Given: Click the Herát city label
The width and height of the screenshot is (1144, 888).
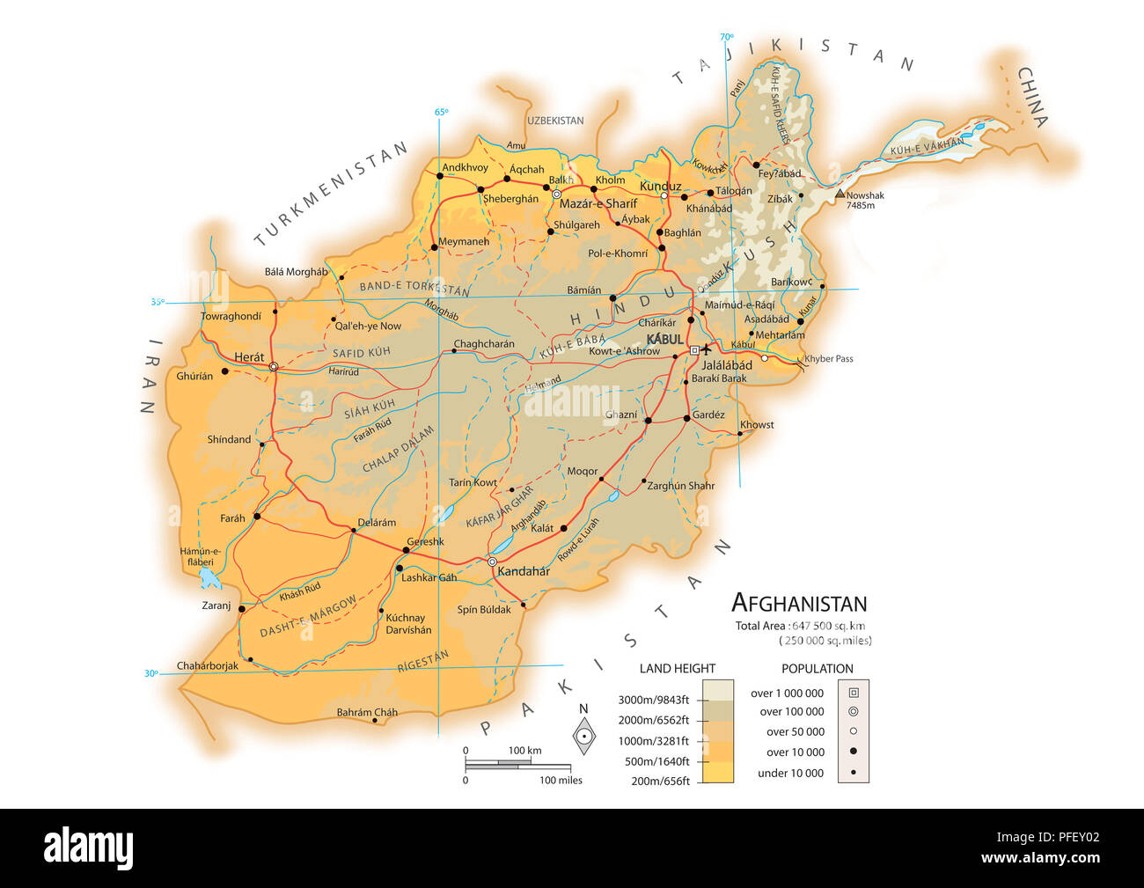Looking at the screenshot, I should tap(249, 356).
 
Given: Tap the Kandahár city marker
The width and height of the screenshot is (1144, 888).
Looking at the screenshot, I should tap(492, 561).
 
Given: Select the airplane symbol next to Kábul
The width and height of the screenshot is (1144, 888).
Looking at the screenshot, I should tap(706, 349).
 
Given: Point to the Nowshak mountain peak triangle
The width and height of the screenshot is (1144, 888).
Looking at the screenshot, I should tap(840, 194).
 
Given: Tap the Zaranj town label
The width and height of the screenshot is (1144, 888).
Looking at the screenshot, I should tap(216, 605).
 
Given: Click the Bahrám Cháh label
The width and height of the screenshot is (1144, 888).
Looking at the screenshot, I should tap(367, 712).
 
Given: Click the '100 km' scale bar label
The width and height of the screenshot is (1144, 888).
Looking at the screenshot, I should tap(524, 750).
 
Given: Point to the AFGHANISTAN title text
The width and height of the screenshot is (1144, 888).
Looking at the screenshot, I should tap(799, 603).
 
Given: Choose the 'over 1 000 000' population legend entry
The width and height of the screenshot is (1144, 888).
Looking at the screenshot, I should tap(787, 694).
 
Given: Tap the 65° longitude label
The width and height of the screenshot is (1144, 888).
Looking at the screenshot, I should tap(441, 112).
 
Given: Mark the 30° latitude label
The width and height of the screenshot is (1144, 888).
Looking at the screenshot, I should tap(151, 674).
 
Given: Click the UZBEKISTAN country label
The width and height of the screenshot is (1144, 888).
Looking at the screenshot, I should tap(555, 121).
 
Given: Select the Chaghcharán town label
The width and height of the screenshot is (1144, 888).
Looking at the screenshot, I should tap(484, 344).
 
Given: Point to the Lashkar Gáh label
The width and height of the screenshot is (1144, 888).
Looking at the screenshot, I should tap(429, 577).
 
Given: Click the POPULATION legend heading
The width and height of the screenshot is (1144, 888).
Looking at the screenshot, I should tap(817, 669).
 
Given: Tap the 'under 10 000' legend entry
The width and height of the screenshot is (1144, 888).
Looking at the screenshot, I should tap(790, 773).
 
